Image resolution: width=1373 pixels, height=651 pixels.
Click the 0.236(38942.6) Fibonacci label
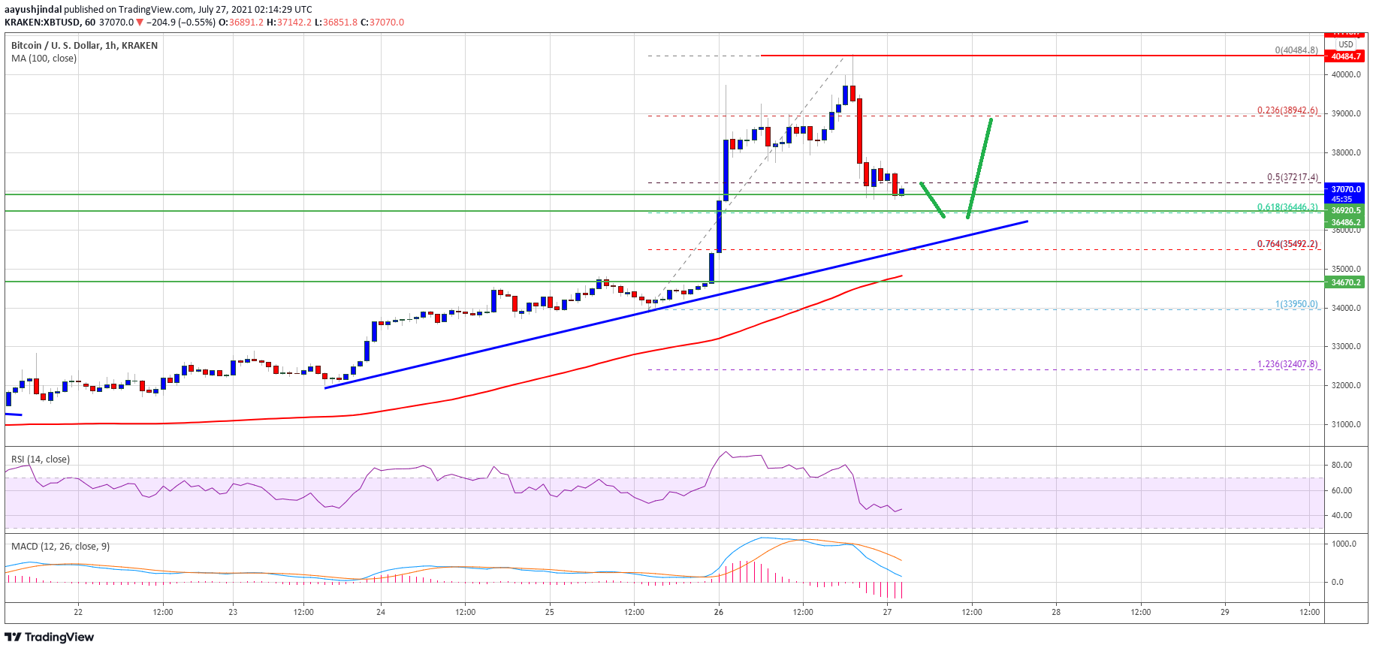tap(1287, 110)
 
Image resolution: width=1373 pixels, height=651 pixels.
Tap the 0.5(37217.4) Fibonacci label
tap(1292, 178)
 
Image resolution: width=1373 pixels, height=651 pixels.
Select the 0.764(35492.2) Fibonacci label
tap(1287, 244)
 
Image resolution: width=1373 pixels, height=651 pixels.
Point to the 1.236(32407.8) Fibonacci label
tap(1287, 364)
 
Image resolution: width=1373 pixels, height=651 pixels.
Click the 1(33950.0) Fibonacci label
tap(1296, 304)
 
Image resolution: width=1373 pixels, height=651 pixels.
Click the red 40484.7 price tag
tap(1345, 56)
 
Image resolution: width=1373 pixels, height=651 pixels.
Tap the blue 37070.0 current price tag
tap(1345, 190)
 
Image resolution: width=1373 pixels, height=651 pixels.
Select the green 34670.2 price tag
tap(1345, 282)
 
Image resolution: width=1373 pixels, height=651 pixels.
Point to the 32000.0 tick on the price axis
tap(1346, 385)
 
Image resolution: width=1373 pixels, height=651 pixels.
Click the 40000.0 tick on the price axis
tap(1346, 74)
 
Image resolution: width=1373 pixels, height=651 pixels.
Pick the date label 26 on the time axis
tap(719, 612)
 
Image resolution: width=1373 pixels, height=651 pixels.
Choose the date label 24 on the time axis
tap(381, 612)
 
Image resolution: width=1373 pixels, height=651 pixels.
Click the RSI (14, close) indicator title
tap(40, 459)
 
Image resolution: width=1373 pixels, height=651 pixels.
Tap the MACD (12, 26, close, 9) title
tap(60, 546)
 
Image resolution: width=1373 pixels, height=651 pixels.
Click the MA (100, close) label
tap(44, 59)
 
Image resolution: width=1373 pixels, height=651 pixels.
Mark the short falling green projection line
tap(932, 200)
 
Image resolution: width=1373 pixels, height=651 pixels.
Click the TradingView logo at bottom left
tap(50, 637)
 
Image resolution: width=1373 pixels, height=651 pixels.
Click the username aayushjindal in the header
tap(32, 10)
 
